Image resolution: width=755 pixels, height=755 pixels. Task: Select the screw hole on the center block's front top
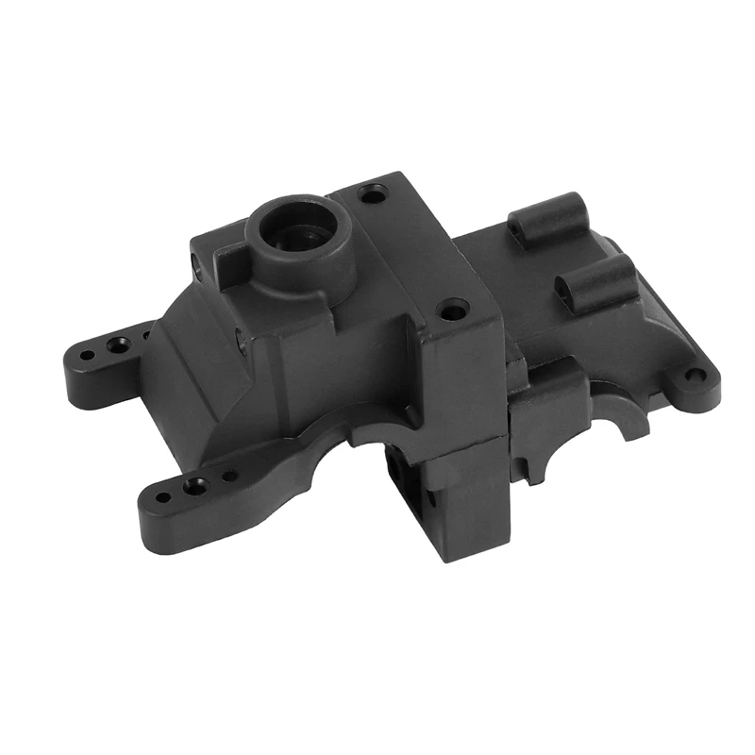click(454, 309)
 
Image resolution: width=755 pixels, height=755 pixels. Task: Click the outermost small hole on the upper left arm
click(87, 357)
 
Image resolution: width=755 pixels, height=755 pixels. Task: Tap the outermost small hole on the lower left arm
click(164, 497)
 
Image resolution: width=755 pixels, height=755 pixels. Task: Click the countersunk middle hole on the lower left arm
click(195, 487)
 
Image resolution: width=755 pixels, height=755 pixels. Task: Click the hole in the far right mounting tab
click(695, 376)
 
